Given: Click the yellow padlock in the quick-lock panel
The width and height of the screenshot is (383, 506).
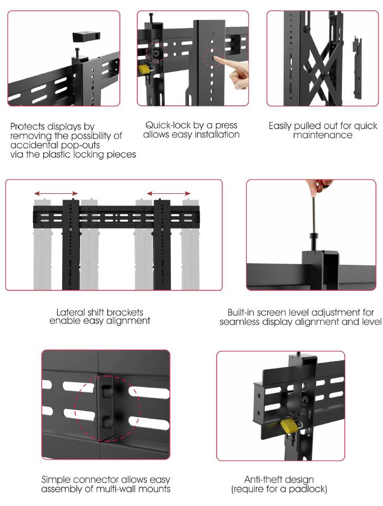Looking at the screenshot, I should pyautogui.click(x=143, y=69).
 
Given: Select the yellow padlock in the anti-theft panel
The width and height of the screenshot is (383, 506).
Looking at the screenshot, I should pyautogui.click(x=289, y=425).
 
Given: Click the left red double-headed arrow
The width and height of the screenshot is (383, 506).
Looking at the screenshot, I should pyautogui.click(x=55, y=193).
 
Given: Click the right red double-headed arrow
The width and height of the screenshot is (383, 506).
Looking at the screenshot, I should pyautogui.click(x=169, y=193).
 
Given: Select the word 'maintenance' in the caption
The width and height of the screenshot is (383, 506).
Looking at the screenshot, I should pyautogui.click(x=323, y=135).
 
